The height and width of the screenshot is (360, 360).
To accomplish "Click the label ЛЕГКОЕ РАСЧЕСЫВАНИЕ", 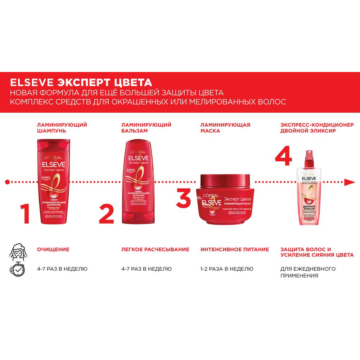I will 155,249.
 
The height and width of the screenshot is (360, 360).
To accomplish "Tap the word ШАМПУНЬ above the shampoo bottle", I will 51,131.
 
